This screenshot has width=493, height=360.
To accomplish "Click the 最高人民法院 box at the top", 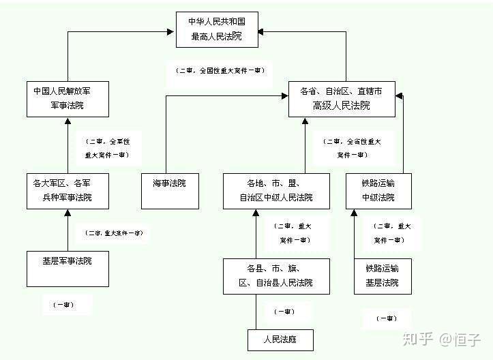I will (x=215, y=30).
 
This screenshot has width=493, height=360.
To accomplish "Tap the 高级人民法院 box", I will (x=342, y=98).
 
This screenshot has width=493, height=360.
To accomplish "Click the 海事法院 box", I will (x=170, y=191).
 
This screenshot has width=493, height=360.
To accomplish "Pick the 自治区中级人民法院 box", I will (x=276, y=191).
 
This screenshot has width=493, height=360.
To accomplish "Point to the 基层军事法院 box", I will (x=68, y=268).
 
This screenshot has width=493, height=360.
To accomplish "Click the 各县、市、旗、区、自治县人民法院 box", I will (x=276, y=275).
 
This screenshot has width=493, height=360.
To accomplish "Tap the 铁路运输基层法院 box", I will (x=383, y=275).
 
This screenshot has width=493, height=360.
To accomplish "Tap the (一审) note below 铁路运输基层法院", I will (x=387, y=318).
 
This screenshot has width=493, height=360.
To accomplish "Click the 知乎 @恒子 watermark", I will (x=442, y=337).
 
